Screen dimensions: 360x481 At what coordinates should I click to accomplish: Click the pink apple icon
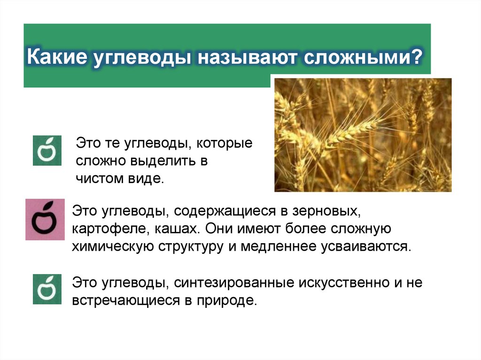click(45, 219)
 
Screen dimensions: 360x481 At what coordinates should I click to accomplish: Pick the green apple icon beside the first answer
click(47, 151)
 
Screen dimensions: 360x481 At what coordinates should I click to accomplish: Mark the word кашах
click(167, 230)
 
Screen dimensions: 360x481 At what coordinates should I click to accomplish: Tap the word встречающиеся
click(124, 301)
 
